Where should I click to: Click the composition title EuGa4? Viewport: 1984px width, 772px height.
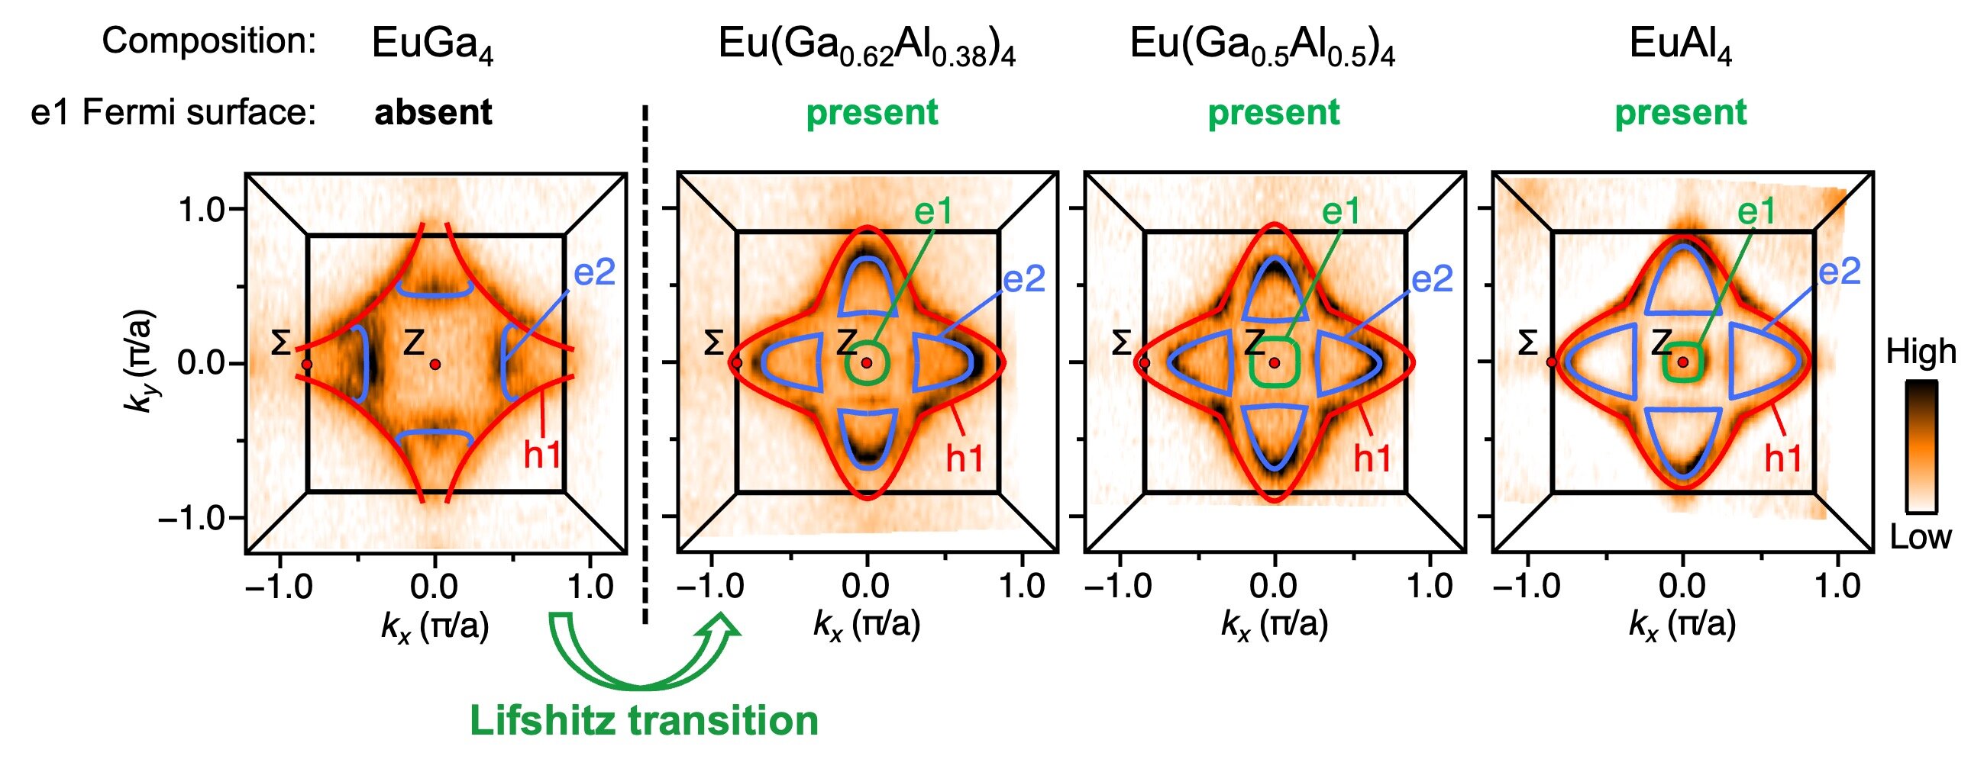432,45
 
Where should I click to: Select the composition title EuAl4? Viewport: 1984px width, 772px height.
1680,45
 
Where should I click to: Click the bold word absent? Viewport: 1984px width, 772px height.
433,113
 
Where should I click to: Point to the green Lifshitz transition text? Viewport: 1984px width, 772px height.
644,722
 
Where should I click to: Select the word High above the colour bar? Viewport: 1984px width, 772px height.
1921,352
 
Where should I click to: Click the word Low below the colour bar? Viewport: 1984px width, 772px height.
1921,537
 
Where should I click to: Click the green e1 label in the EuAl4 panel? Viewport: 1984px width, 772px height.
1756,210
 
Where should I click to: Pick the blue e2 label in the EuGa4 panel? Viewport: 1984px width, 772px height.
595,272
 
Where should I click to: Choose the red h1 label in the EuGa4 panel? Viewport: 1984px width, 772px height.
542,455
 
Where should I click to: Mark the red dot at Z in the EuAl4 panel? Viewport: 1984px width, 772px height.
1683,362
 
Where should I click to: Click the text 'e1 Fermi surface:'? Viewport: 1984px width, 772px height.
174,113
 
